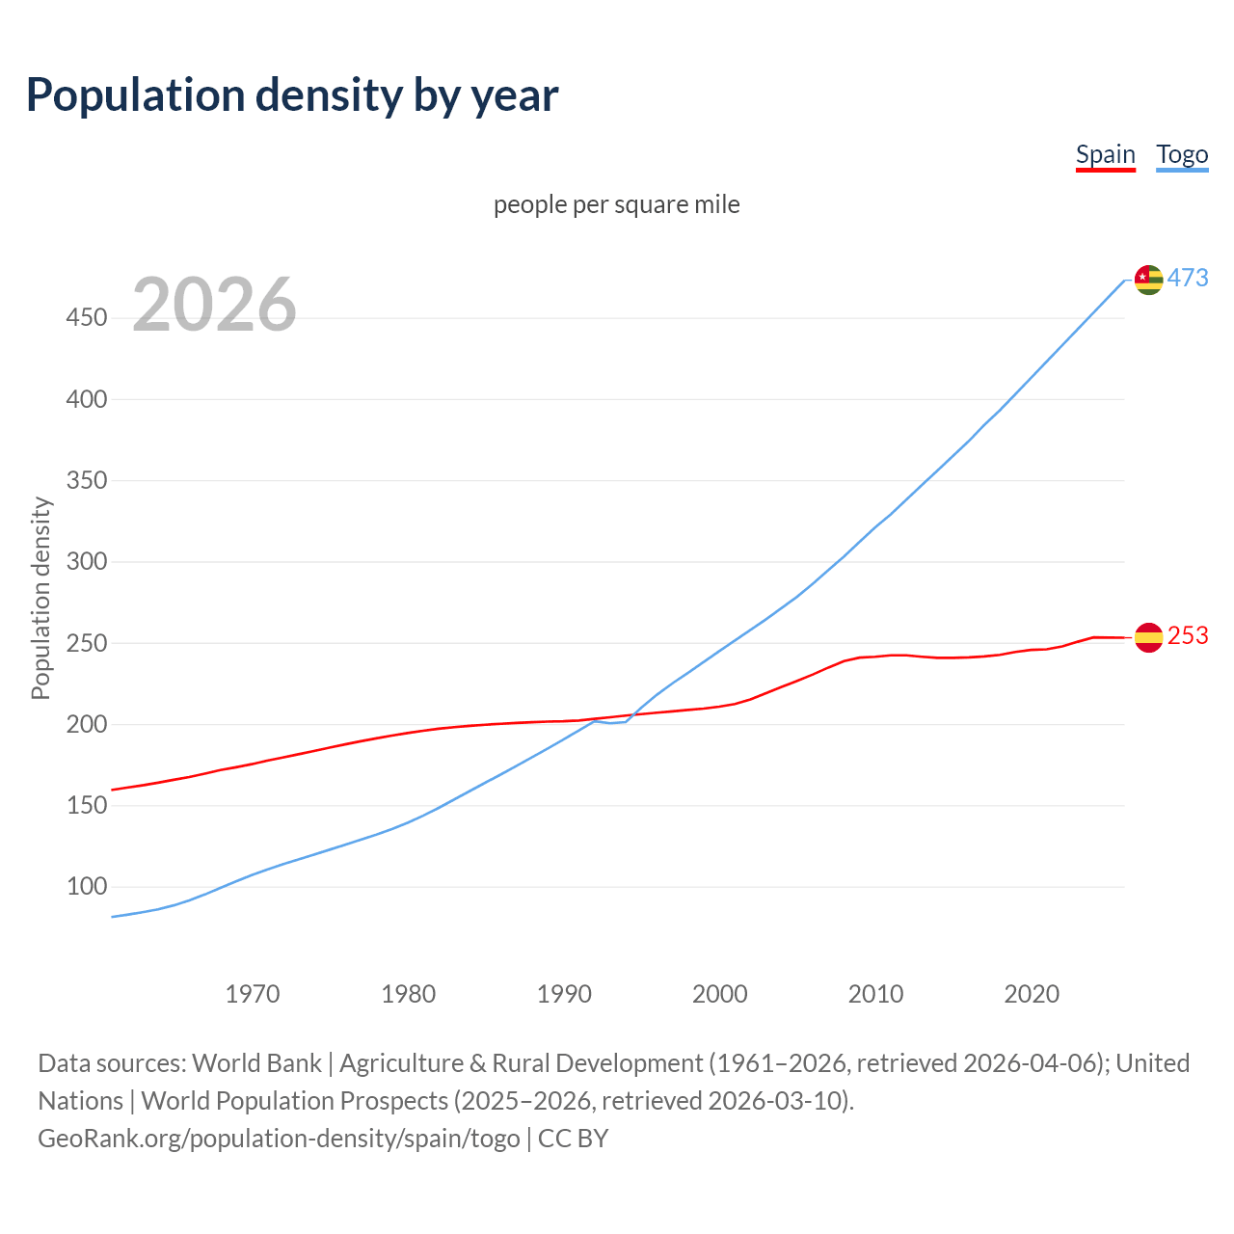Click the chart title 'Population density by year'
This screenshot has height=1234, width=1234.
coord(292,94)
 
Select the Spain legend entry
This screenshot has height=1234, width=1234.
coord(1105,154)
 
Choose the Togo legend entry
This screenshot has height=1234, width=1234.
coord(1182,154)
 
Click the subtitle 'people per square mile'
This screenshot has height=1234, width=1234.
coord(616,204)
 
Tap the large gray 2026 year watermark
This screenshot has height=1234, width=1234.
coord(214,305)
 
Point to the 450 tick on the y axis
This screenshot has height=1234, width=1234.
coord(87,317)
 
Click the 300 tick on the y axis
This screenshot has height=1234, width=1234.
coord(87,561)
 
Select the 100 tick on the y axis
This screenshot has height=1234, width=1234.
coord(87,886)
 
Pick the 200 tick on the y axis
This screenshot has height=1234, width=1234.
coord(87,724)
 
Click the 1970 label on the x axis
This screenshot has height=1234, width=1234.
coord(253,993)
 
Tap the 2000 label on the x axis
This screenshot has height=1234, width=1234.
coord(720,993)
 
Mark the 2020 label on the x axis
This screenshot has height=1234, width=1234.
coord(1032,993)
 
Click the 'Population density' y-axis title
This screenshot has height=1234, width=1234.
coord(40,598)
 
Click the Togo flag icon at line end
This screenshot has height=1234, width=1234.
coord(1148,279)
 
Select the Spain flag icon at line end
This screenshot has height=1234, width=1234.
coord(1148,636)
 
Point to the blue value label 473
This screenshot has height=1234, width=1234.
coord(1188,278)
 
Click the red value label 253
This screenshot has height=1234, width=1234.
coord(1188,635)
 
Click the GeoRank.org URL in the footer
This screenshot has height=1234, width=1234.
coord(279,1138)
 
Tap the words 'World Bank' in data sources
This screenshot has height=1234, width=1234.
coord(256,1062)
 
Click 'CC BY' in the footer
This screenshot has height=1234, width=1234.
coord(573,1138)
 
